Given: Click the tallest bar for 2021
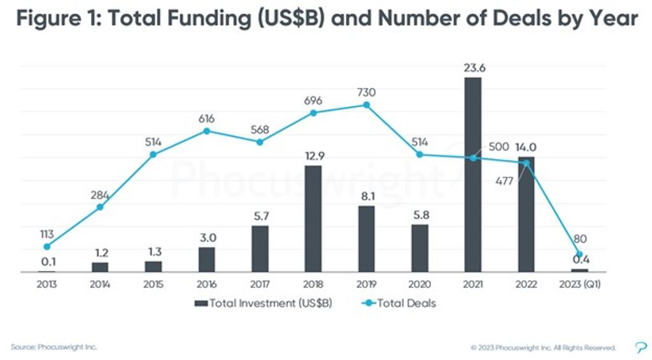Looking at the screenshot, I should pos(472,175).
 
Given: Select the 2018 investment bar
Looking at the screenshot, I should pos(313,219).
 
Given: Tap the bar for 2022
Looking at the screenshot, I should pos(526,214).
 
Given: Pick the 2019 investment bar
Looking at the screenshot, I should pos(366,239).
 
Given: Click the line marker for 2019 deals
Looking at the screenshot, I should pos(366,104).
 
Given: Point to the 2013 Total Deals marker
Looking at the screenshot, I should pos(46,247).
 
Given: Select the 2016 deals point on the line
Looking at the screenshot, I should pos(206,131).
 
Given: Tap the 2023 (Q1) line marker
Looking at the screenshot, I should pos(579,254).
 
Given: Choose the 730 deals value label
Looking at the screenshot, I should pos(366,92).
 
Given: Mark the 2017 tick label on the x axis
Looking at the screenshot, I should pos(260,284).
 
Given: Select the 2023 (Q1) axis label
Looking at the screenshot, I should pos(579,284).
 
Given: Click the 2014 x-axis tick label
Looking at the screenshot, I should pos(100,284).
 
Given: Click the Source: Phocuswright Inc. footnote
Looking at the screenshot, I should pos(54,347).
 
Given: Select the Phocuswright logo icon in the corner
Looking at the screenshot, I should pos(640,347).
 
